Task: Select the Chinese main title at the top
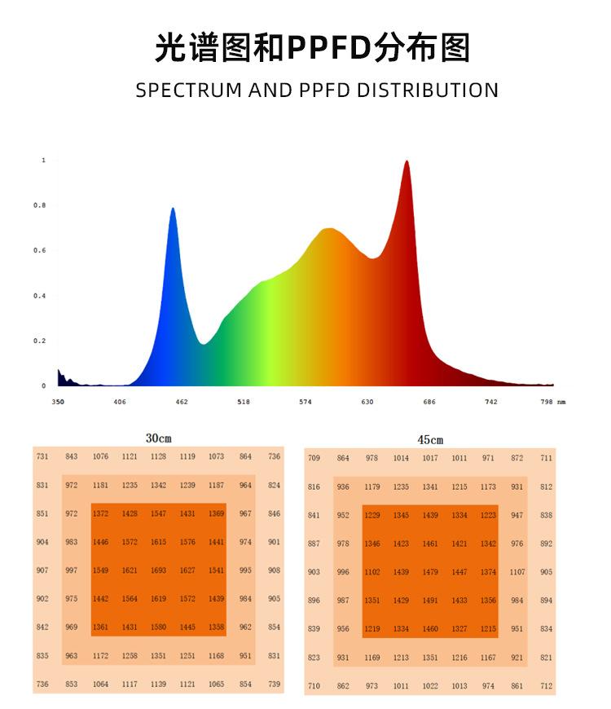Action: (313, 48)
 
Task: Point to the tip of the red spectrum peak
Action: (406, 162)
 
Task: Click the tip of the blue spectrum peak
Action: (173, 209)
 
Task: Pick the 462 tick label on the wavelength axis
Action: (181, 402)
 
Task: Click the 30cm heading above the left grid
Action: (159, 438)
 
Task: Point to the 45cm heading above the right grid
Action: (430, 440)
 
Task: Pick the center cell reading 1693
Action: (159, 570)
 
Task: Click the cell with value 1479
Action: (430, 572)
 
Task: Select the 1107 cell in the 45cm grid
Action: (517, 572)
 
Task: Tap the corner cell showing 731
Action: (42, 457)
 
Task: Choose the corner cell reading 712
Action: (546, 686)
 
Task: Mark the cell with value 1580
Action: (159, 628)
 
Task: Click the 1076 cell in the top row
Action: (100, 457)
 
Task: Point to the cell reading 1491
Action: (430, 601)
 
